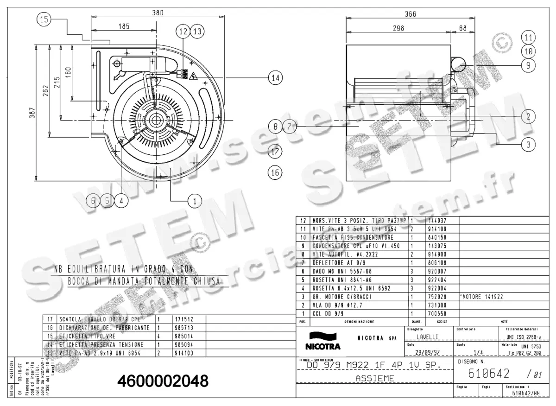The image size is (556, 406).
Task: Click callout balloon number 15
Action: pyautogui.click(x=44, y=19)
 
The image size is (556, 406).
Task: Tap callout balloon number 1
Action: pyautogui.click(x=195, y=201)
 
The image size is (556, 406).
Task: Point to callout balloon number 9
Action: pyautogui.click(x=528, y=66)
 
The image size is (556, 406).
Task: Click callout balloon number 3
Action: pyautogui.click(x=528, y=145)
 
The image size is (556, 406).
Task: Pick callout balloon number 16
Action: pyautogui.click(x=275, y=172)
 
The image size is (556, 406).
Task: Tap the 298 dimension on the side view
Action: pyautogui.click(x=398, y=28)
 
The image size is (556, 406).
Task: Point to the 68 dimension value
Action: pyautogui.click(x=463, y=28)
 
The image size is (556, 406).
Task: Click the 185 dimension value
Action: pyautogui.click(x=124, y=27)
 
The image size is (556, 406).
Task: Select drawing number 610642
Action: pyautogui.click(x=490, y=374)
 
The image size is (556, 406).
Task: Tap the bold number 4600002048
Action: pyautogui.click(x=163, y=381)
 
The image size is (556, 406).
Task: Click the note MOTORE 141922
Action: pyautogui.click(x=482, y=297)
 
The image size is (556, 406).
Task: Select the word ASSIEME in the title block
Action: pyautogui.click(x=374, y=379)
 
